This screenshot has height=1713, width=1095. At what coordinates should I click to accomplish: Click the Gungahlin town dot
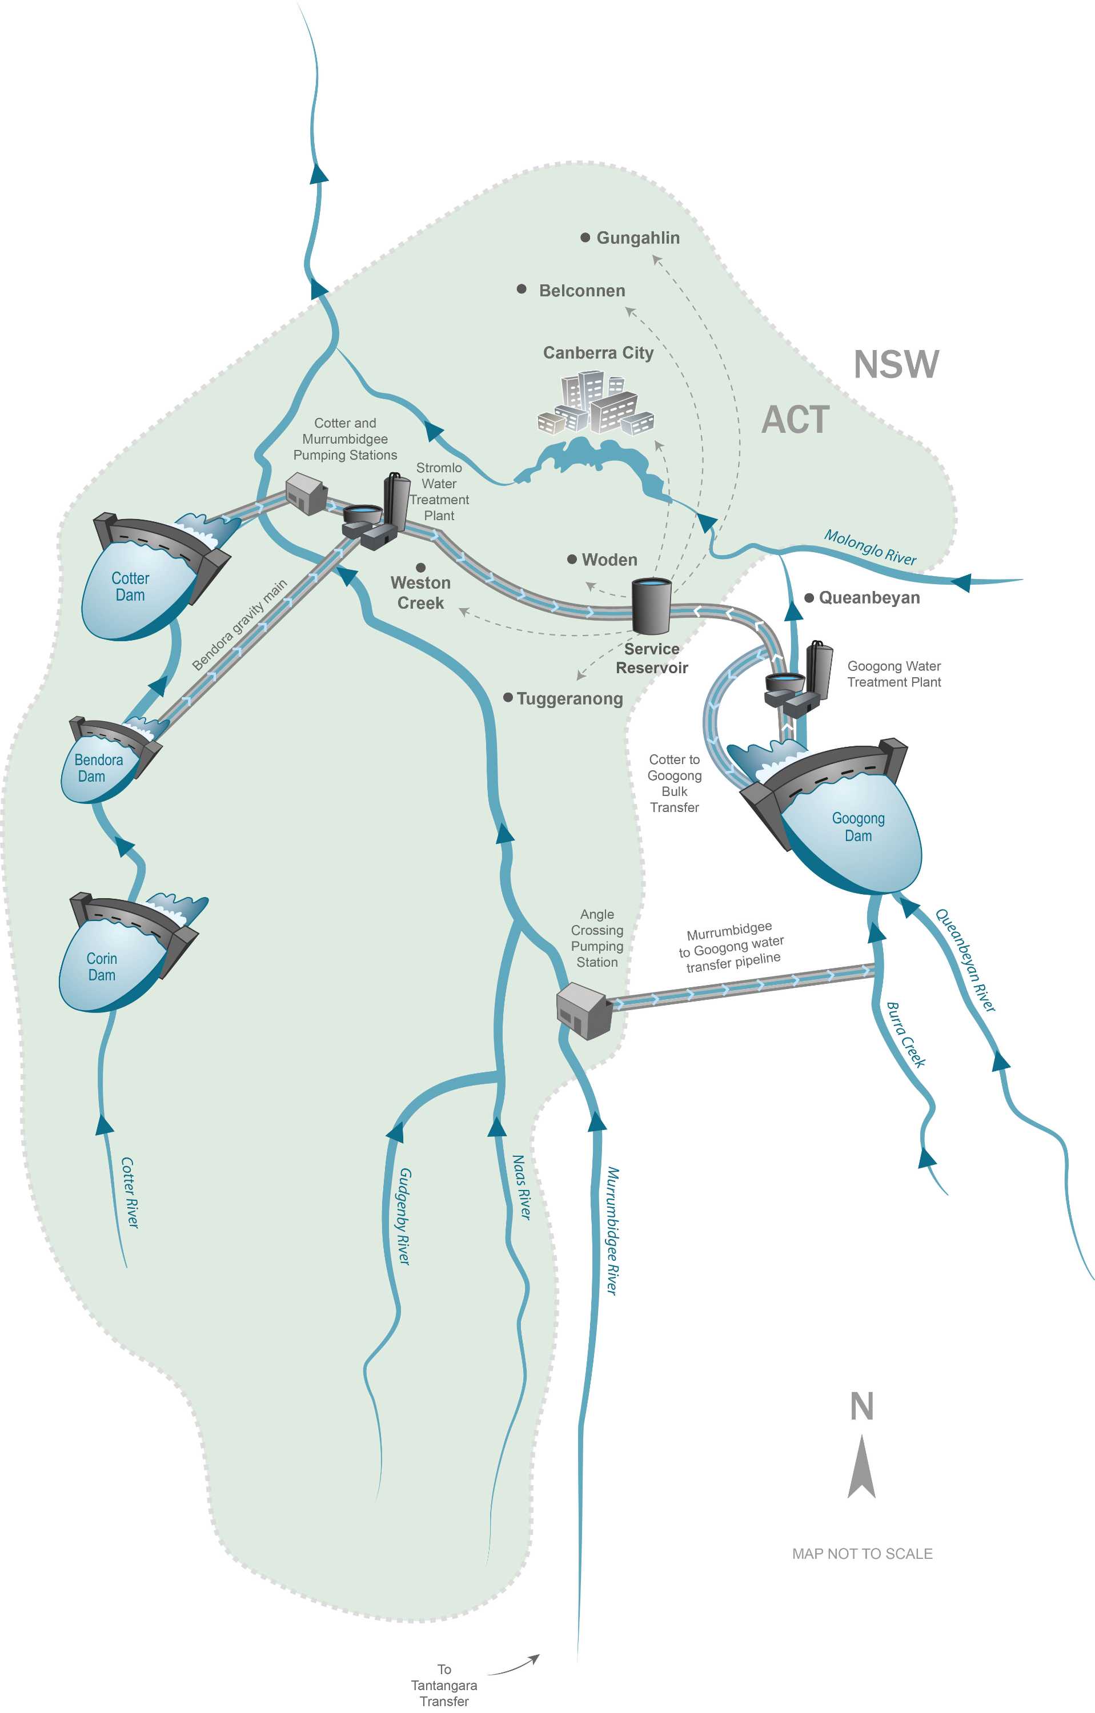585,238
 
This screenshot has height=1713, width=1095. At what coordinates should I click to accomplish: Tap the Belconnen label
581,291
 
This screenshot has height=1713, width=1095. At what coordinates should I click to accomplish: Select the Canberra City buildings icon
596,403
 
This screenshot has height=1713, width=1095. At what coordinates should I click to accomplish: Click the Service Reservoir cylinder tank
651,605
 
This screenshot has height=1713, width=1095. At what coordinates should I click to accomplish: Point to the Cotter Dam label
130,587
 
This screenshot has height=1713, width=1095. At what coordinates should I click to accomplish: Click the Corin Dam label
102,967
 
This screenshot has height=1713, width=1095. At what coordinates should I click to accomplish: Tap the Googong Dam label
858,827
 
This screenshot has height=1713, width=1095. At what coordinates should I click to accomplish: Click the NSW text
896,364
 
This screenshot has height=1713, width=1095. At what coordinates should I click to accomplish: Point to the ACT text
796,420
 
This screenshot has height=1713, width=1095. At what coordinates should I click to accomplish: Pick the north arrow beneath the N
861,1468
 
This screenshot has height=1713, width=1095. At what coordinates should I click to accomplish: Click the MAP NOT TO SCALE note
861,1554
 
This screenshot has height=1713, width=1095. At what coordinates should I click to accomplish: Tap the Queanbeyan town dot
809,598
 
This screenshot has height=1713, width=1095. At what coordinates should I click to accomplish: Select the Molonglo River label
869,546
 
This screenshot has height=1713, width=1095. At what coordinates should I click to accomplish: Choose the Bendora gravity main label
240,625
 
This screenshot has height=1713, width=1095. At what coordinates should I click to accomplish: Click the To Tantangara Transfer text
444,1684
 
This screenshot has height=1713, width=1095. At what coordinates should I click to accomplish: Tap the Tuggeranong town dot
508,698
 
